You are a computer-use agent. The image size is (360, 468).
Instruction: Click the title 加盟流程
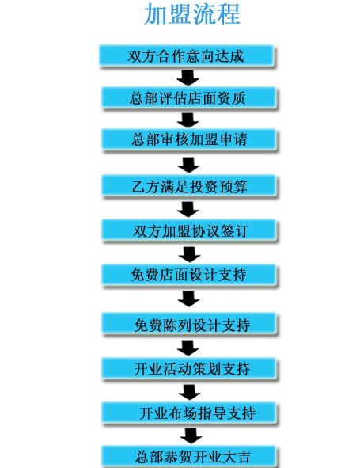192,13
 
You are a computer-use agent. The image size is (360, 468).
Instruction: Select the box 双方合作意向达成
186,55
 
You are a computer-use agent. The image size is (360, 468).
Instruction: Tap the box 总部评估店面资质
188,97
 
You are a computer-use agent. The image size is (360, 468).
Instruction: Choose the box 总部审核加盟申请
188,139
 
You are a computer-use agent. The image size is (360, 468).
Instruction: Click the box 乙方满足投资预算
189,185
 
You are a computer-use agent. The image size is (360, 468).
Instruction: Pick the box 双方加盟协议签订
189,229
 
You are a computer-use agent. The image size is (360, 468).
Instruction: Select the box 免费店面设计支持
189,275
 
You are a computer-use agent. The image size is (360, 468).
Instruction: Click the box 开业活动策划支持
189,368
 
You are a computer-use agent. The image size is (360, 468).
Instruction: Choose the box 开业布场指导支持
189,413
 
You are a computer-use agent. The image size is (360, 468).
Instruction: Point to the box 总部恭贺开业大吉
189,457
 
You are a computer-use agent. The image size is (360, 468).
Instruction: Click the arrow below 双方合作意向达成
188,78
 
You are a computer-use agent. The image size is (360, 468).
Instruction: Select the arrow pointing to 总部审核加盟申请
188,120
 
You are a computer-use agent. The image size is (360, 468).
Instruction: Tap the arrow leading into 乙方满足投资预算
189,165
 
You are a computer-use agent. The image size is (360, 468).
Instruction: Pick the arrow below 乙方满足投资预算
188,210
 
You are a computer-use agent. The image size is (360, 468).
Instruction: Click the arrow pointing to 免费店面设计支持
190,255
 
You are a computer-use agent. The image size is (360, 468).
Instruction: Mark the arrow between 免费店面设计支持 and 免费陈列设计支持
189,299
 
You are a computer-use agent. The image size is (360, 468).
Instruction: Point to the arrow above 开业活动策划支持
188,348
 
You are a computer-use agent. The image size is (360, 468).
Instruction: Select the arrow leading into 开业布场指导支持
190,392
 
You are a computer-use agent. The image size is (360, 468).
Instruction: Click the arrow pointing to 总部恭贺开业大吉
191,436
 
